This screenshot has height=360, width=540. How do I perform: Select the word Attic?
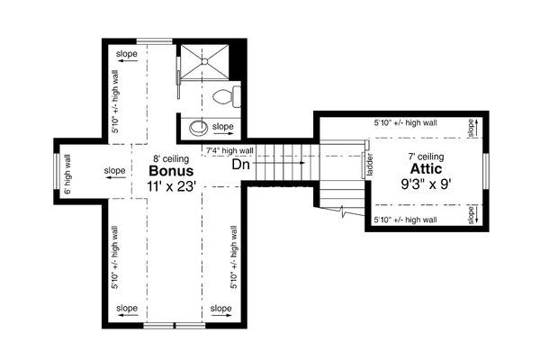(x=426, y=168)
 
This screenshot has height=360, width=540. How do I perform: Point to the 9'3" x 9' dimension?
(x=426, y=184)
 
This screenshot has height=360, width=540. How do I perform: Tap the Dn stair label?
(x=240, y=165)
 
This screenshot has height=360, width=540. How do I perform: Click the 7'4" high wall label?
(x=229, y=149)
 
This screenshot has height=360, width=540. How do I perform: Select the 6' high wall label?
(x=68, y=174)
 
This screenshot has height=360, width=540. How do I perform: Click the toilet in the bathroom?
(x=224, y=94)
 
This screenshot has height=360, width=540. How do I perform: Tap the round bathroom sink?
(x=200, y=125)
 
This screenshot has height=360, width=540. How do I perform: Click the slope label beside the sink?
(x=223, y=127)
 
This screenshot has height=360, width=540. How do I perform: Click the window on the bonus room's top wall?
(x=149, y=38)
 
